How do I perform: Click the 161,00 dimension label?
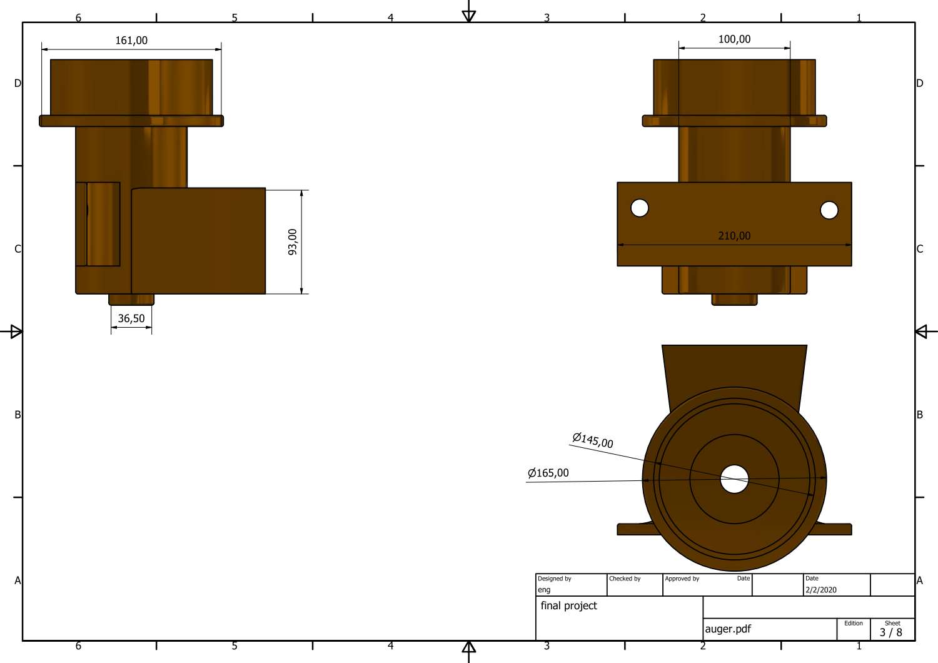[x=131, y=41]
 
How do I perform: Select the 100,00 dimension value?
[x=734, y=39]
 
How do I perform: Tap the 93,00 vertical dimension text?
[x=293, y=241]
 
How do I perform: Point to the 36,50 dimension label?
[x=131, y=318]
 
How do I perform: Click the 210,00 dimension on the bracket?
[x=734, y=236]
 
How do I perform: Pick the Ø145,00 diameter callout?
[x=593, y=440]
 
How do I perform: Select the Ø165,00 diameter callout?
[x=548, y=473]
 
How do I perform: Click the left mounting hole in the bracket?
[x=640, y=208]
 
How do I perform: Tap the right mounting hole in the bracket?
[x=829, y=210]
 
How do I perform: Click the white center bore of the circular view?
[x=734, y=479]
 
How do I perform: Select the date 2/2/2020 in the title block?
[x=820, y=590]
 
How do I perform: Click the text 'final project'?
[x=568, y=605]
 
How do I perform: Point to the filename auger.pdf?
[x=728, y=629]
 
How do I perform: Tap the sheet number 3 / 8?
[x=890, y=632]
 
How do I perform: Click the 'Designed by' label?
[x=555, y=579]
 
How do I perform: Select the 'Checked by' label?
[x=625, y=579]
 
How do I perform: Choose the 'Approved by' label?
[x=682, y=579]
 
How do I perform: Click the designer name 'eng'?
[x=544, y=590]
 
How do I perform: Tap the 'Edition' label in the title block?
[x=853, y=623]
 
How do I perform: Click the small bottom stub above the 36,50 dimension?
[x=131, y=300]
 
